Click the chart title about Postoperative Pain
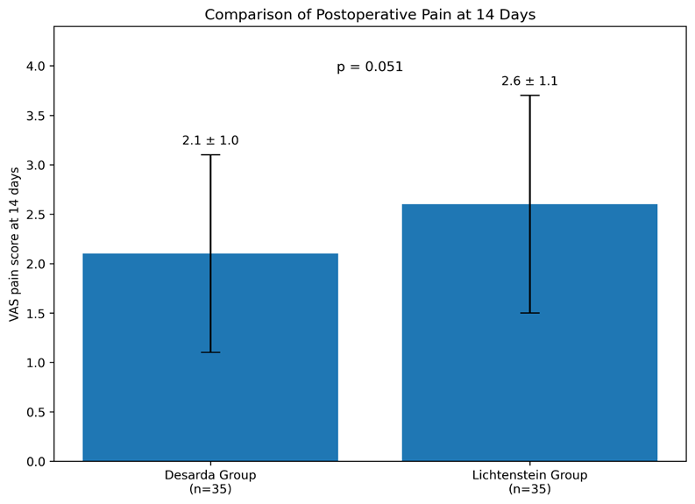click(370, 15)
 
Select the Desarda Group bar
click(210, 358)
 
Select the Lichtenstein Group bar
click(529, 332)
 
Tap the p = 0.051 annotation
click(370, 67)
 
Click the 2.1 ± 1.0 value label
click(210, 140)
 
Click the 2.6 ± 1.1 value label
click(529, 82)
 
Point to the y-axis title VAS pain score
click(14, 245)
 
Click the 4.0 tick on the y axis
click(35, 66)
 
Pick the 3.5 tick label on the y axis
click(35, 116)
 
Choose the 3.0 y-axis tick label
click(35, 165)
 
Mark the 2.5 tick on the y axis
click(35, 215)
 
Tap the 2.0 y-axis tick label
click(35, 264)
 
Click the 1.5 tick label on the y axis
click(35, 314)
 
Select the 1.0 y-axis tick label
click(35, 363)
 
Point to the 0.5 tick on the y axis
click(35, 412)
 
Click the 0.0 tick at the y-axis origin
click(35, 461)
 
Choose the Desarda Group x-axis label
click(210, 482)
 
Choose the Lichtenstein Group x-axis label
click(529, 482)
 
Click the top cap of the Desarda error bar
click(210, 154)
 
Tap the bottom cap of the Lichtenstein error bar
click(529, 313)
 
